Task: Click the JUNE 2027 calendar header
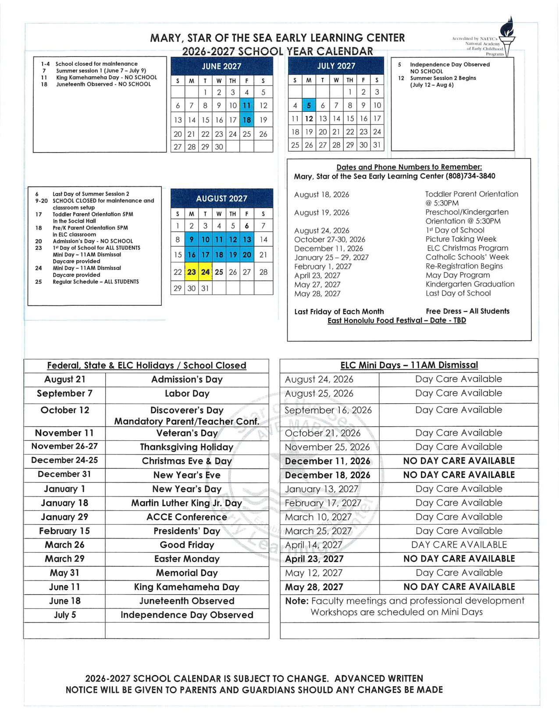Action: [x=221, y=67]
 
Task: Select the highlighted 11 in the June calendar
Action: [x=247, y=106]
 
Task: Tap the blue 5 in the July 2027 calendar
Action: [x=309, y=106]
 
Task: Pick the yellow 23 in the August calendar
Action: [x=192, y=272]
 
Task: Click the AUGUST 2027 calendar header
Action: [x=221, y=199]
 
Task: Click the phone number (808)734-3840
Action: [x=470, y=176]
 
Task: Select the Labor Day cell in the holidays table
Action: [x=187, y=394]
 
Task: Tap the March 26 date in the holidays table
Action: [x=64, y=545]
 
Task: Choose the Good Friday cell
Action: [x=187, y=545]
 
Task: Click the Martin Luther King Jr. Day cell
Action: [x=187, y=503]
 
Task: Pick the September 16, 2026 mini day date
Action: [x=328, y=410]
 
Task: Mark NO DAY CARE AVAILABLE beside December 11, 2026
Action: [x=459, y=461]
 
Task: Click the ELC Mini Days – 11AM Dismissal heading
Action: [x=409, y=365]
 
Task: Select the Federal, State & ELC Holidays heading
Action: [x=146, y=365]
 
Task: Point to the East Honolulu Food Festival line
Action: [x=397, y=320]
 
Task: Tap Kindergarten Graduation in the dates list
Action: [x=470, y=284]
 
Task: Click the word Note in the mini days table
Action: [x=297, y=601]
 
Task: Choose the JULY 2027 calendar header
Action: [x=336, y=66]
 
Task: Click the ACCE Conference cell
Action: [x=187, y=517]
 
